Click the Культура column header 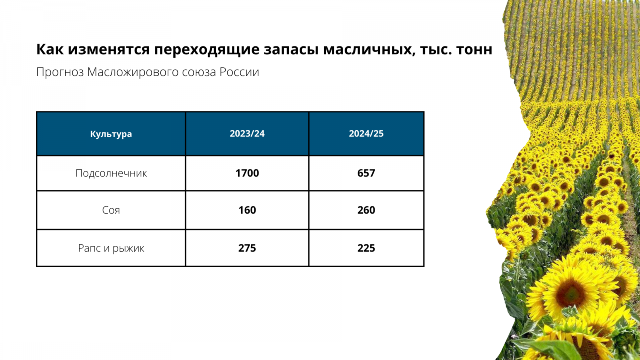click(x=111, y=134)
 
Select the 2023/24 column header click(x=247, y=134)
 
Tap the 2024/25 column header click(x=366, y=134)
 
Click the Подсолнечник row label click(x=111, y=173)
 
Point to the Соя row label click(x=111, y=210)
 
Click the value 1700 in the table click(x=247, y=173)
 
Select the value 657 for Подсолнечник click(x=366, y=173)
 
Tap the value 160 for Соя click(x=247, y=210)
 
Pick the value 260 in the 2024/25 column click(x=366, y=210)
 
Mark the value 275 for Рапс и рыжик click(x=247, y=248)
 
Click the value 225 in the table click(x=366, y=248)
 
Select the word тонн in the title click(x=474, y=50)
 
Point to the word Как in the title click(x=50, y=50)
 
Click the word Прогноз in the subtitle click(x=60, y=72)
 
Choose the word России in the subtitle click(x=240, y=72)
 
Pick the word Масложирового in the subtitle click(x=133, y=72)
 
